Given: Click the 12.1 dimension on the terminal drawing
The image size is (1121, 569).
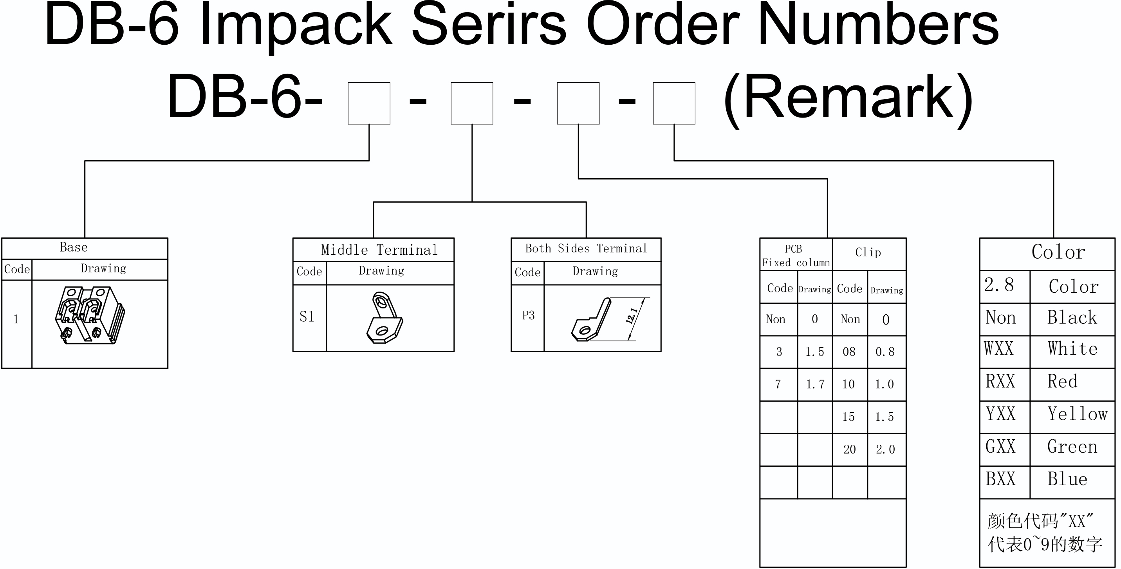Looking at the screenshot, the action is [x=632, y=316].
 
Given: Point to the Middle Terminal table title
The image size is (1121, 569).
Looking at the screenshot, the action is [x=379, y=250].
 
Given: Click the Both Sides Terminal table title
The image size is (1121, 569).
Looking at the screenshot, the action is [x=586, y=249].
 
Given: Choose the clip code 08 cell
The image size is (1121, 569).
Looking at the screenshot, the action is [x=849, y=352].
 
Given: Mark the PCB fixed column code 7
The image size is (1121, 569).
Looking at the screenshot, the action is [x=778, y=384].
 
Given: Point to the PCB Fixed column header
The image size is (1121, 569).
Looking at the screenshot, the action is [x=796, y=256].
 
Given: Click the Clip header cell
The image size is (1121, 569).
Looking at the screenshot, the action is [x=868, y=252].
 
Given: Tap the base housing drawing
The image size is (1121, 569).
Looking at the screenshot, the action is [x=90, y=315].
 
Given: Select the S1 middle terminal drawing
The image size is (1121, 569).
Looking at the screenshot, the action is [x=384, y=317].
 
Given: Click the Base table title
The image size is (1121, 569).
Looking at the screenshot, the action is [x=74, y=247].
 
